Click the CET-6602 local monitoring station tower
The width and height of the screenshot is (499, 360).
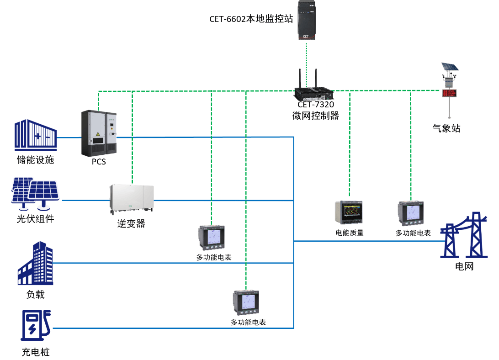click(307, 20)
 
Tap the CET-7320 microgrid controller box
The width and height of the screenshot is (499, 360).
click(314, 94)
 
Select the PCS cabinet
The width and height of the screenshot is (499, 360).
click(99, 133)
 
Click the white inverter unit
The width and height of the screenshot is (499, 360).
click(132, 198)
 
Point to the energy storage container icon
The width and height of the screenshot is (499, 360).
click(36, 135)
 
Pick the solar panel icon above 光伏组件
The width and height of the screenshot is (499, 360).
click(35, 194)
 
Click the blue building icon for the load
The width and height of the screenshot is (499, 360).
click(35, 263)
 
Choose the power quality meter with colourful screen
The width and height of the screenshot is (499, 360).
click(349, 212)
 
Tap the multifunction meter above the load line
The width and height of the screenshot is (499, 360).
click(212, 238)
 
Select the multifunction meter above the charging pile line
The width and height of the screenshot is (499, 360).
click(246, 302)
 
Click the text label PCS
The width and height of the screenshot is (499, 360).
click(99, 162)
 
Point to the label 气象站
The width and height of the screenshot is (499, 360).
click(446, 128)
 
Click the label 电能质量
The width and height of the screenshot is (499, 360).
click(350, 233)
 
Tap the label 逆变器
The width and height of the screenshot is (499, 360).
click(131, 223)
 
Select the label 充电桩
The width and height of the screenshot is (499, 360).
click(36, 352)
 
